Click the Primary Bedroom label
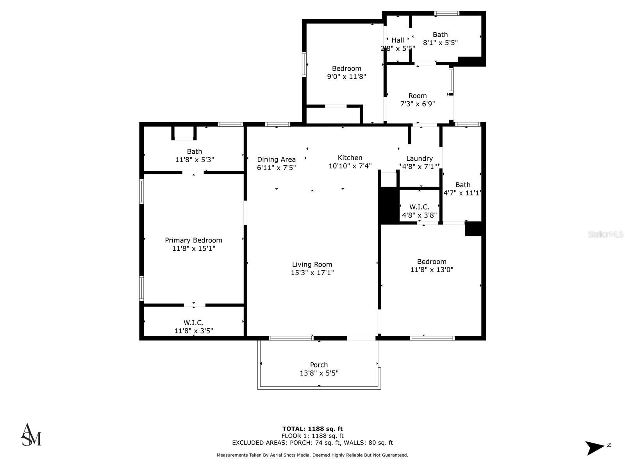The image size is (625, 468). (193, 240)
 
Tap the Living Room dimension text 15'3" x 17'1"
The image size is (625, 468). (312, 273)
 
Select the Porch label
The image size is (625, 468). (319, 365)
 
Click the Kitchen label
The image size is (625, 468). (350, 158)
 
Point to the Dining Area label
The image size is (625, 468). (276, 159)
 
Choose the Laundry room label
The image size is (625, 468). (419, 158)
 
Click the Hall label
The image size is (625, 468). (398, 40)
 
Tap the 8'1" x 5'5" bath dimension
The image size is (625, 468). (440, 43)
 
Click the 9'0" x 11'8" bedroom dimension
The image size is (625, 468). (346, 77)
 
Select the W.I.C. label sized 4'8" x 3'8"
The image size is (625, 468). (419, 207)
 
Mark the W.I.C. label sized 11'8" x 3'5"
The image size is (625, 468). (193, 323)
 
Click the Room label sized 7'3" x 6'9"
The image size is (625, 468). (418, 96)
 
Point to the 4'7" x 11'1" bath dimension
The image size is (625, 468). (462, 193)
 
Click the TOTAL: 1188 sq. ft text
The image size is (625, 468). (312, 429)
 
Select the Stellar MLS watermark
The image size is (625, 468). (605, 234)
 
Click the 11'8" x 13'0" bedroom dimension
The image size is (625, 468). (432, 269)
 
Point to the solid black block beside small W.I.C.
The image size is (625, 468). (389, 205)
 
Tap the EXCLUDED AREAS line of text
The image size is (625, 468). (312, 443)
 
